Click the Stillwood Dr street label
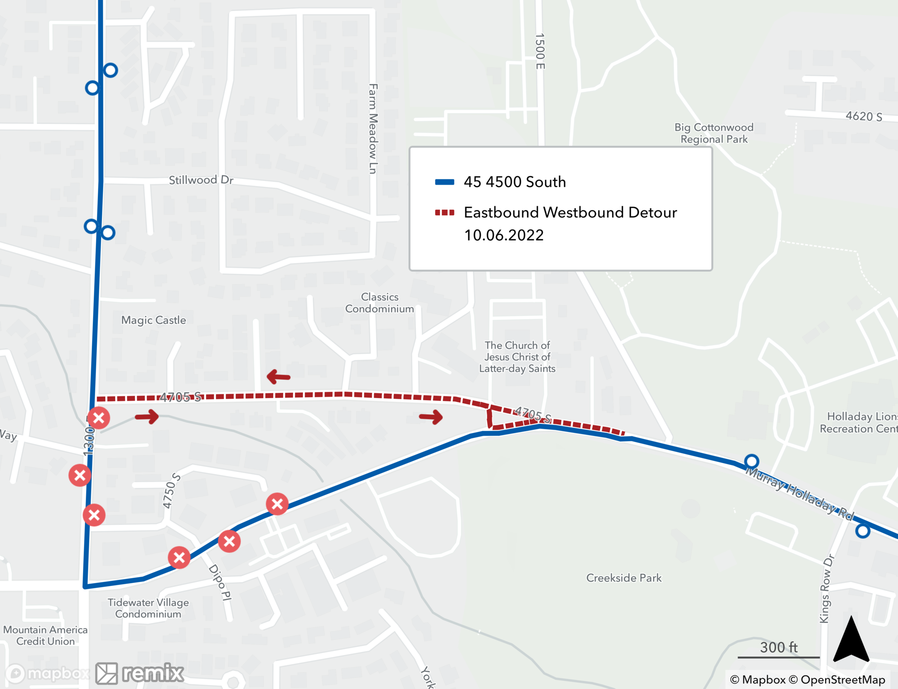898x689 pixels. click(x=201, y=180)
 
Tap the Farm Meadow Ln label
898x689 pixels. click(x=373, y=129)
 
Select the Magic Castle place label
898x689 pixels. click(x=154, y=320)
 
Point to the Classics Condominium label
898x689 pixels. click(x=380, y=303)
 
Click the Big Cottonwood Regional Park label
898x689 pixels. click(x=714, y=133)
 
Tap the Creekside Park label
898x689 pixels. click(x=624, y=578)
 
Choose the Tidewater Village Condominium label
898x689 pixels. click(x=148, y=608)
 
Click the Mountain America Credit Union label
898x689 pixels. click(x=45, y=635)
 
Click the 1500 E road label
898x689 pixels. click(x=540, y=51)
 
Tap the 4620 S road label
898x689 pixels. click(x=864, y=116)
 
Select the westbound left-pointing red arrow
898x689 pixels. click(x=278, y=377)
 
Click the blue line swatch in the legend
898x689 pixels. click(x=445, y=182)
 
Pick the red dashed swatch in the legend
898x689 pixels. click(x=445, y=212)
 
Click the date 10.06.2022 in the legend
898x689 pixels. click(x=504, y=235)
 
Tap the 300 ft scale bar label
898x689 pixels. click(x=779, y=647)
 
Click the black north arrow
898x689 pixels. click(x=851, y=640)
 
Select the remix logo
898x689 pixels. click(x=140, y=673)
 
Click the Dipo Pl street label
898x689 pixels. click(x=220, y=582)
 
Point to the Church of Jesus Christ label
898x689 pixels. click(x=517, y=357)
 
